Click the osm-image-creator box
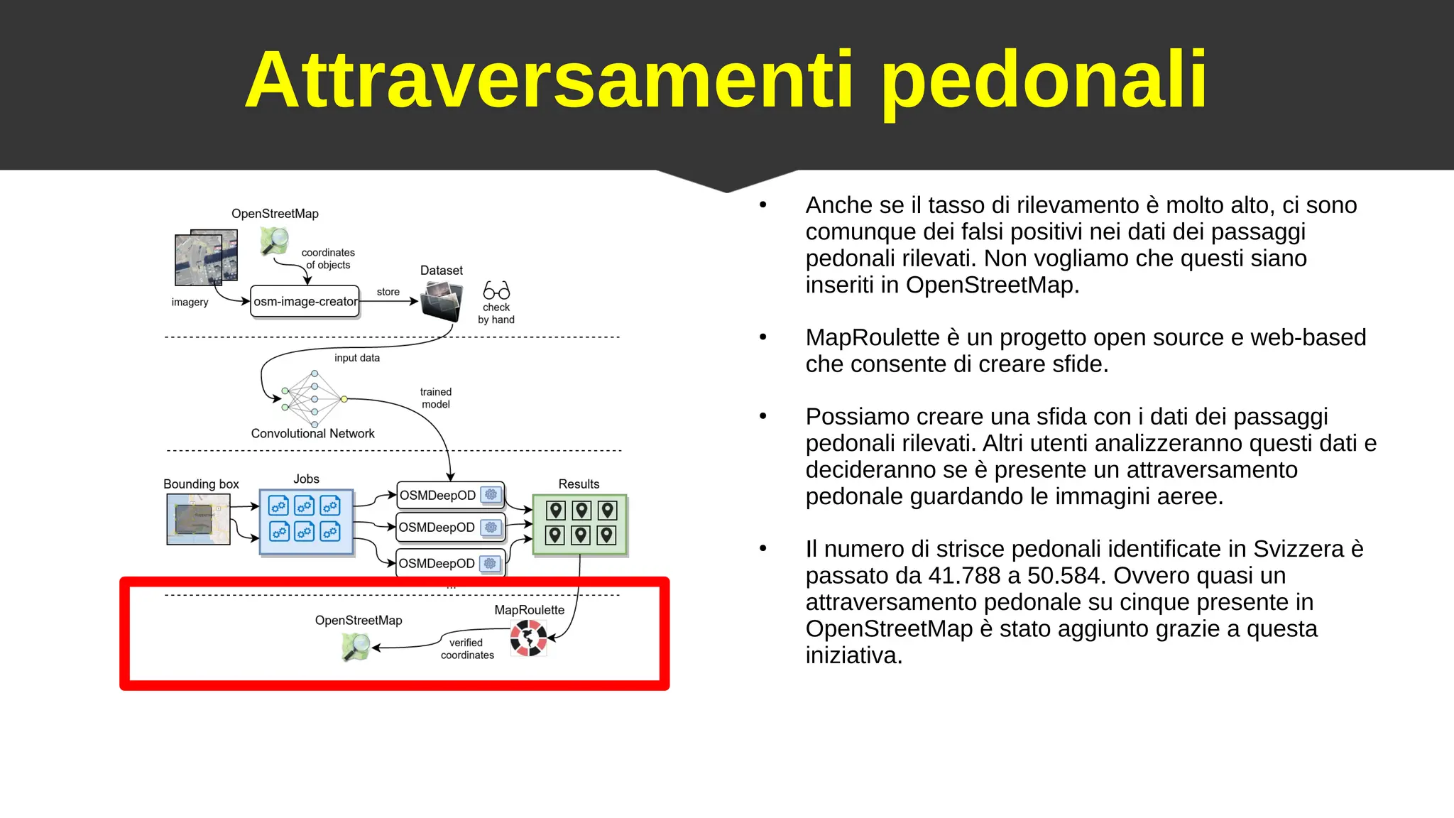305,302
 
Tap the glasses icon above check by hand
496,290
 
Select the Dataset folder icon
441,301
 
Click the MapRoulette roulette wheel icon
528,638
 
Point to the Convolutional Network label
312,433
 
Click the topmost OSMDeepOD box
450,495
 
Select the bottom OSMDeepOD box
450,563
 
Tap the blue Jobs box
306,521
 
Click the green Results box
579,524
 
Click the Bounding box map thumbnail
198,519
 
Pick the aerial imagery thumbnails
206,257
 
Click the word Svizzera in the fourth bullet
1298,549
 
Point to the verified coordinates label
466,648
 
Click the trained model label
435,398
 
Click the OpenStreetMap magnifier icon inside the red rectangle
356,646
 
